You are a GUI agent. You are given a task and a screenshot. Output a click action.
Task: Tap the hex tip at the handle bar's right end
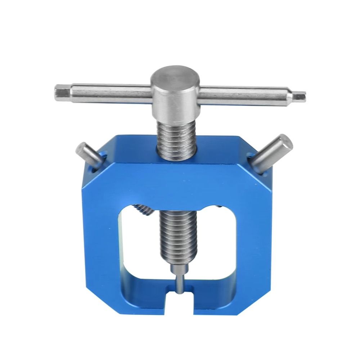point(300,96)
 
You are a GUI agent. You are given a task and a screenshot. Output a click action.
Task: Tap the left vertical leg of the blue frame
point(101,245)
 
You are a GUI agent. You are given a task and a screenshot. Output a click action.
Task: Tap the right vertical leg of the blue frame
point(254,245)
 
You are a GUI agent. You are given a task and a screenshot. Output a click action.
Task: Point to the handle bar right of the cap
point(245,95)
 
